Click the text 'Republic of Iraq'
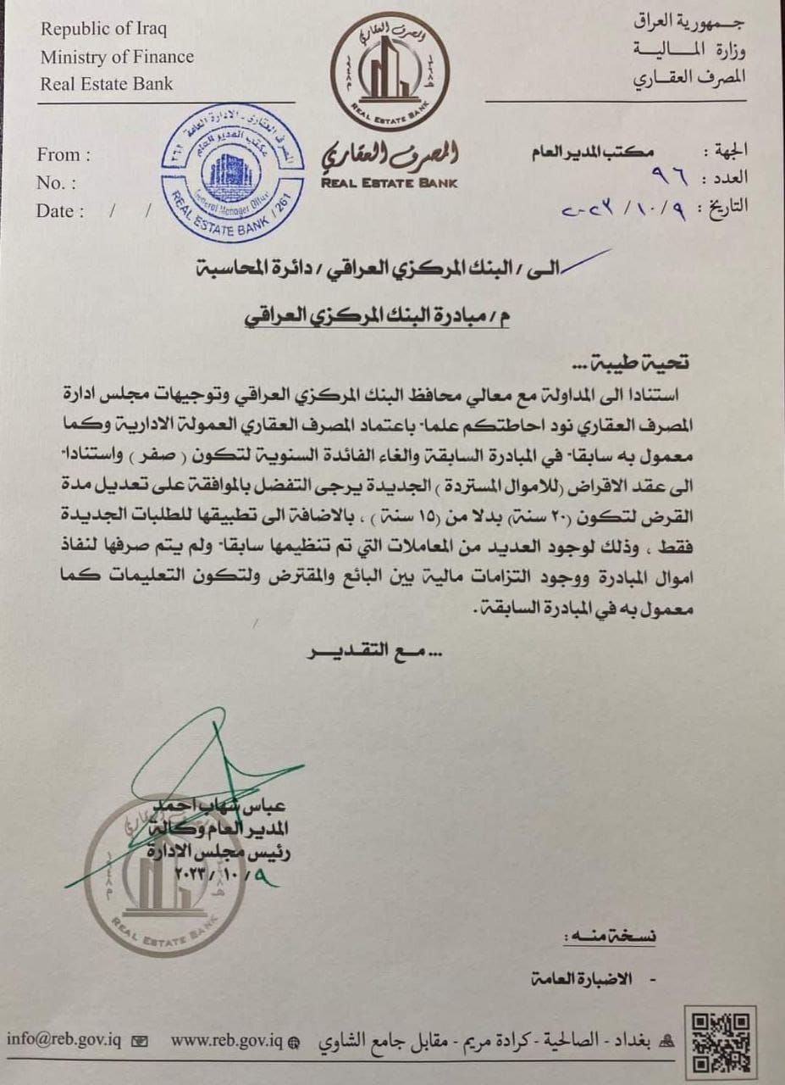[x=104, y=29]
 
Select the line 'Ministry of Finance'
[x=117, y=57]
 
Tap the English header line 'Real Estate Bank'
[x=107, y=83]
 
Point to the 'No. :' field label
[x=56, y=183]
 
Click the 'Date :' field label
[x=60, y=211]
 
